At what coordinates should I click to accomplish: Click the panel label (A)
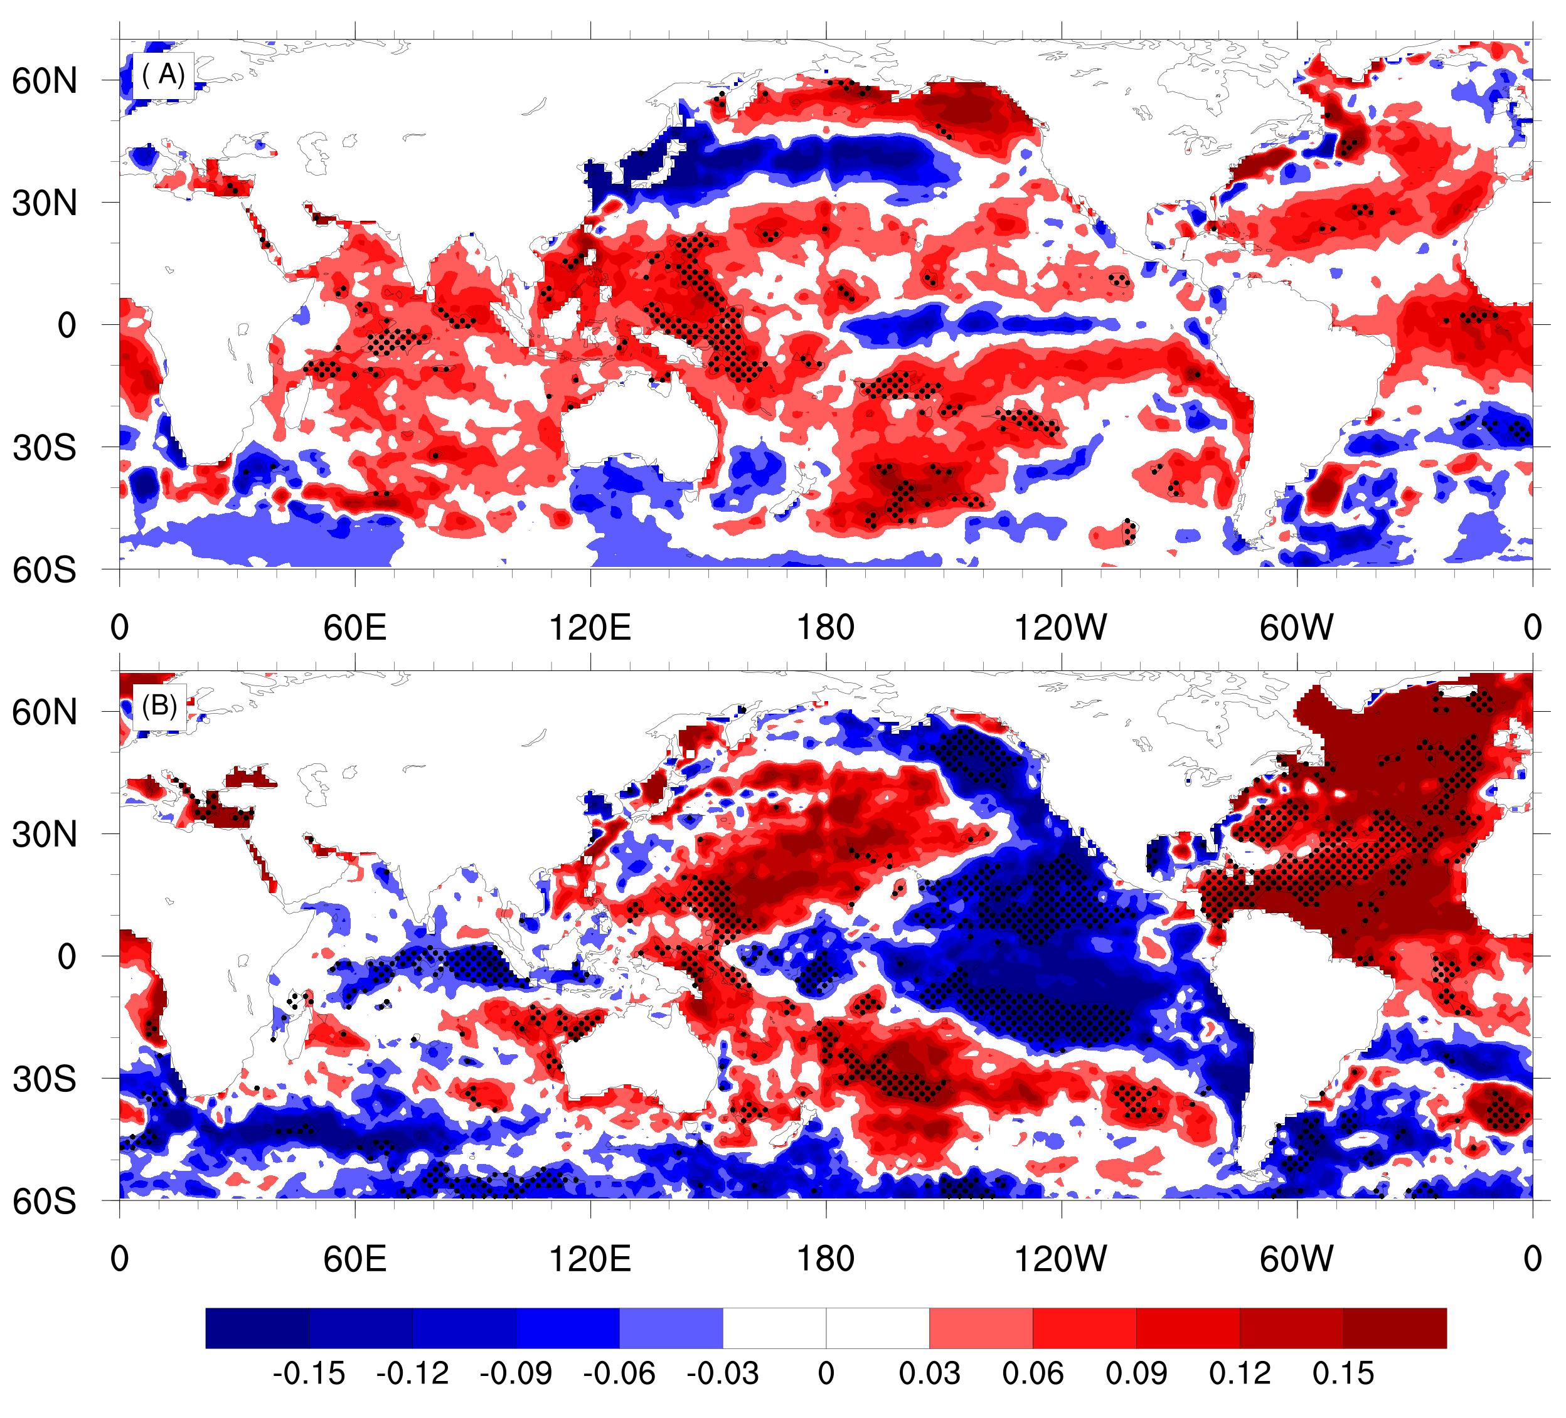[x=163, y=75]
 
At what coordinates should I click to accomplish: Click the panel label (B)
[x=160, y=706]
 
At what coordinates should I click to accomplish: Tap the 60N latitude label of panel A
[x=45, y=81]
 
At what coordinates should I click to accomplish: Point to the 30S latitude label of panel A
[x=45, y=448]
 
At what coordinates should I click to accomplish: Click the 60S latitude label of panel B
[x=45, y=1202]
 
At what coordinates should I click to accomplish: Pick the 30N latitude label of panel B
[x=45, y=835]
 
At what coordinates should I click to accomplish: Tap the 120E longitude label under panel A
[x=590, y=627]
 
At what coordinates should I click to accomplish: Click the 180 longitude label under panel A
[x=826, y=627]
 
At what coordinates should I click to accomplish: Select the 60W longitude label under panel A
[x=1296, y=627]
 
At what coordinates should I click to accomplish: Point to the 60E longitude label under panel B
[x=355, y=1259]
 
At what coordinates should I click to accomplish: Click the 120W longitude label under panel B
[x=1061, y=1259]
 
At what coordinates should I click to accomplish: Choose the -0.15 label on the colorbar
[x=309, y=1373]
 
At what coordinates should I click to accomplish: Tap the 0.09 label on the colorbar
[x=1136, y=1373]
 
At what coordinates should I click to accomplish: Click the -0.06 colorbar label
[x=619, y=1373]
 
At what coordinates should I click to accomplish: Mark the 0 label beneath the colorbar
[x=826, y=1373]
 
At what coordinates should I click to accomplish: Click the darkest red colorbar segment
[x=1395, y=1328]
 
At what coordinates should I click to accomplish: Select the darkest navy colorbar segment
[x=258, y=1328]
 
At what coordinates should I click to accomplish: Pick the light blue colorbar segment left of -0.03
[x=671, y=1328]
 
